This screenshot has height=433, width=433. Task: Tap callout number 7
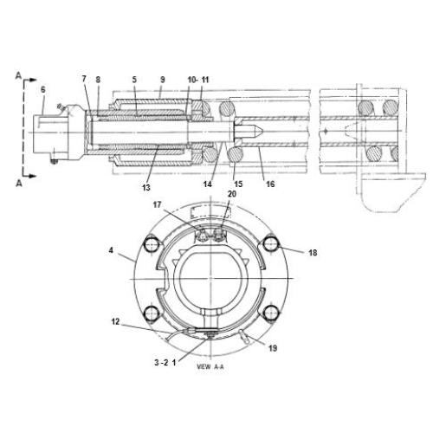pyautogui.click(x=85, y=80)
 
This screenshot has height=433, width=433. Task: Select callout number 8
pyautogui.click(x=98, y=80)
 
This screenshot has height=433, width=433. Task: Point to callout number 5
pyautogui.click(x=134, y=80)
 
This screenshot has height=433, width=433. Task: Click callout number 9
pyautogui.click(x=161, y=80)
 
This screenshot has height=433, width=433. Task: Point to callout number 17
pyautogui.click(x=158, y=206)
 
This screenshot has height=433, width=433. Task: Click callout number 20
pyautogui.click(x=231, y=194)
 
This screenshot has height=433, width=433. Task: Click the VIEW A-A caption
pyautogui.click(x=210, y=366)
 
